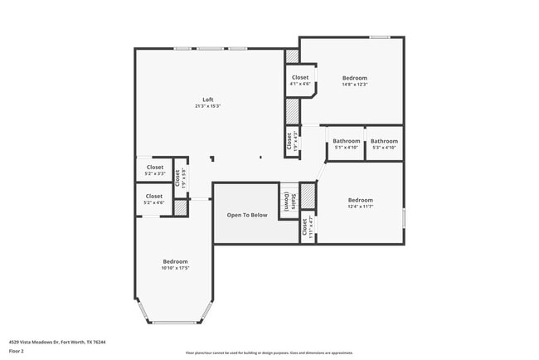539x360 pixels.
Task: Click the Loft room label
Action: coord(208,100)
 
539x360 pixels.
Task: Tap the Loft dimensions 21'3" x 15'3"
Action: coord(208,106)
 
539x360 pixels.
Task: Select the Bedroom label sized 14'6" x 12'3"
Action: coord(354,78)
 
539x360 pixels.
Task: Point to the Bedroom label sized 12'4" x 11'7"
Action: coord(360,199)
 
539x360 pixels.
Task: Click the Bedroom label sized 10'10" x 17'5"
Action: coord(175,260)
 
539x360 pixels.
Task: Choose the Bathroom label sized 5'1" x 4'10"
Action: coord(347,141)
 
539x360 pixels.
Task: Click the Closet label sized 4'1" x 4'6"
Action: coord(300,77)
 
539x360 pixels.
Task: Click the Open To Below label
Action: coord(247,215)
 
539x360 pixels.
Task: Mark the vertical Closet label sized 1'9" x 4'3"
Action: coord(290,142)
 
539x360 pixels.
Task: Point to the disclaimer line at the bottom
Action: coord(269,352)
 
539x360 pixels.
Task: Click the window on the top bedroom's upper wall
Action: coord(380,36)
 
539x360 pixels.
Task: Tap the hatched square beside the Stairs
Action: coord(308,196)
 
